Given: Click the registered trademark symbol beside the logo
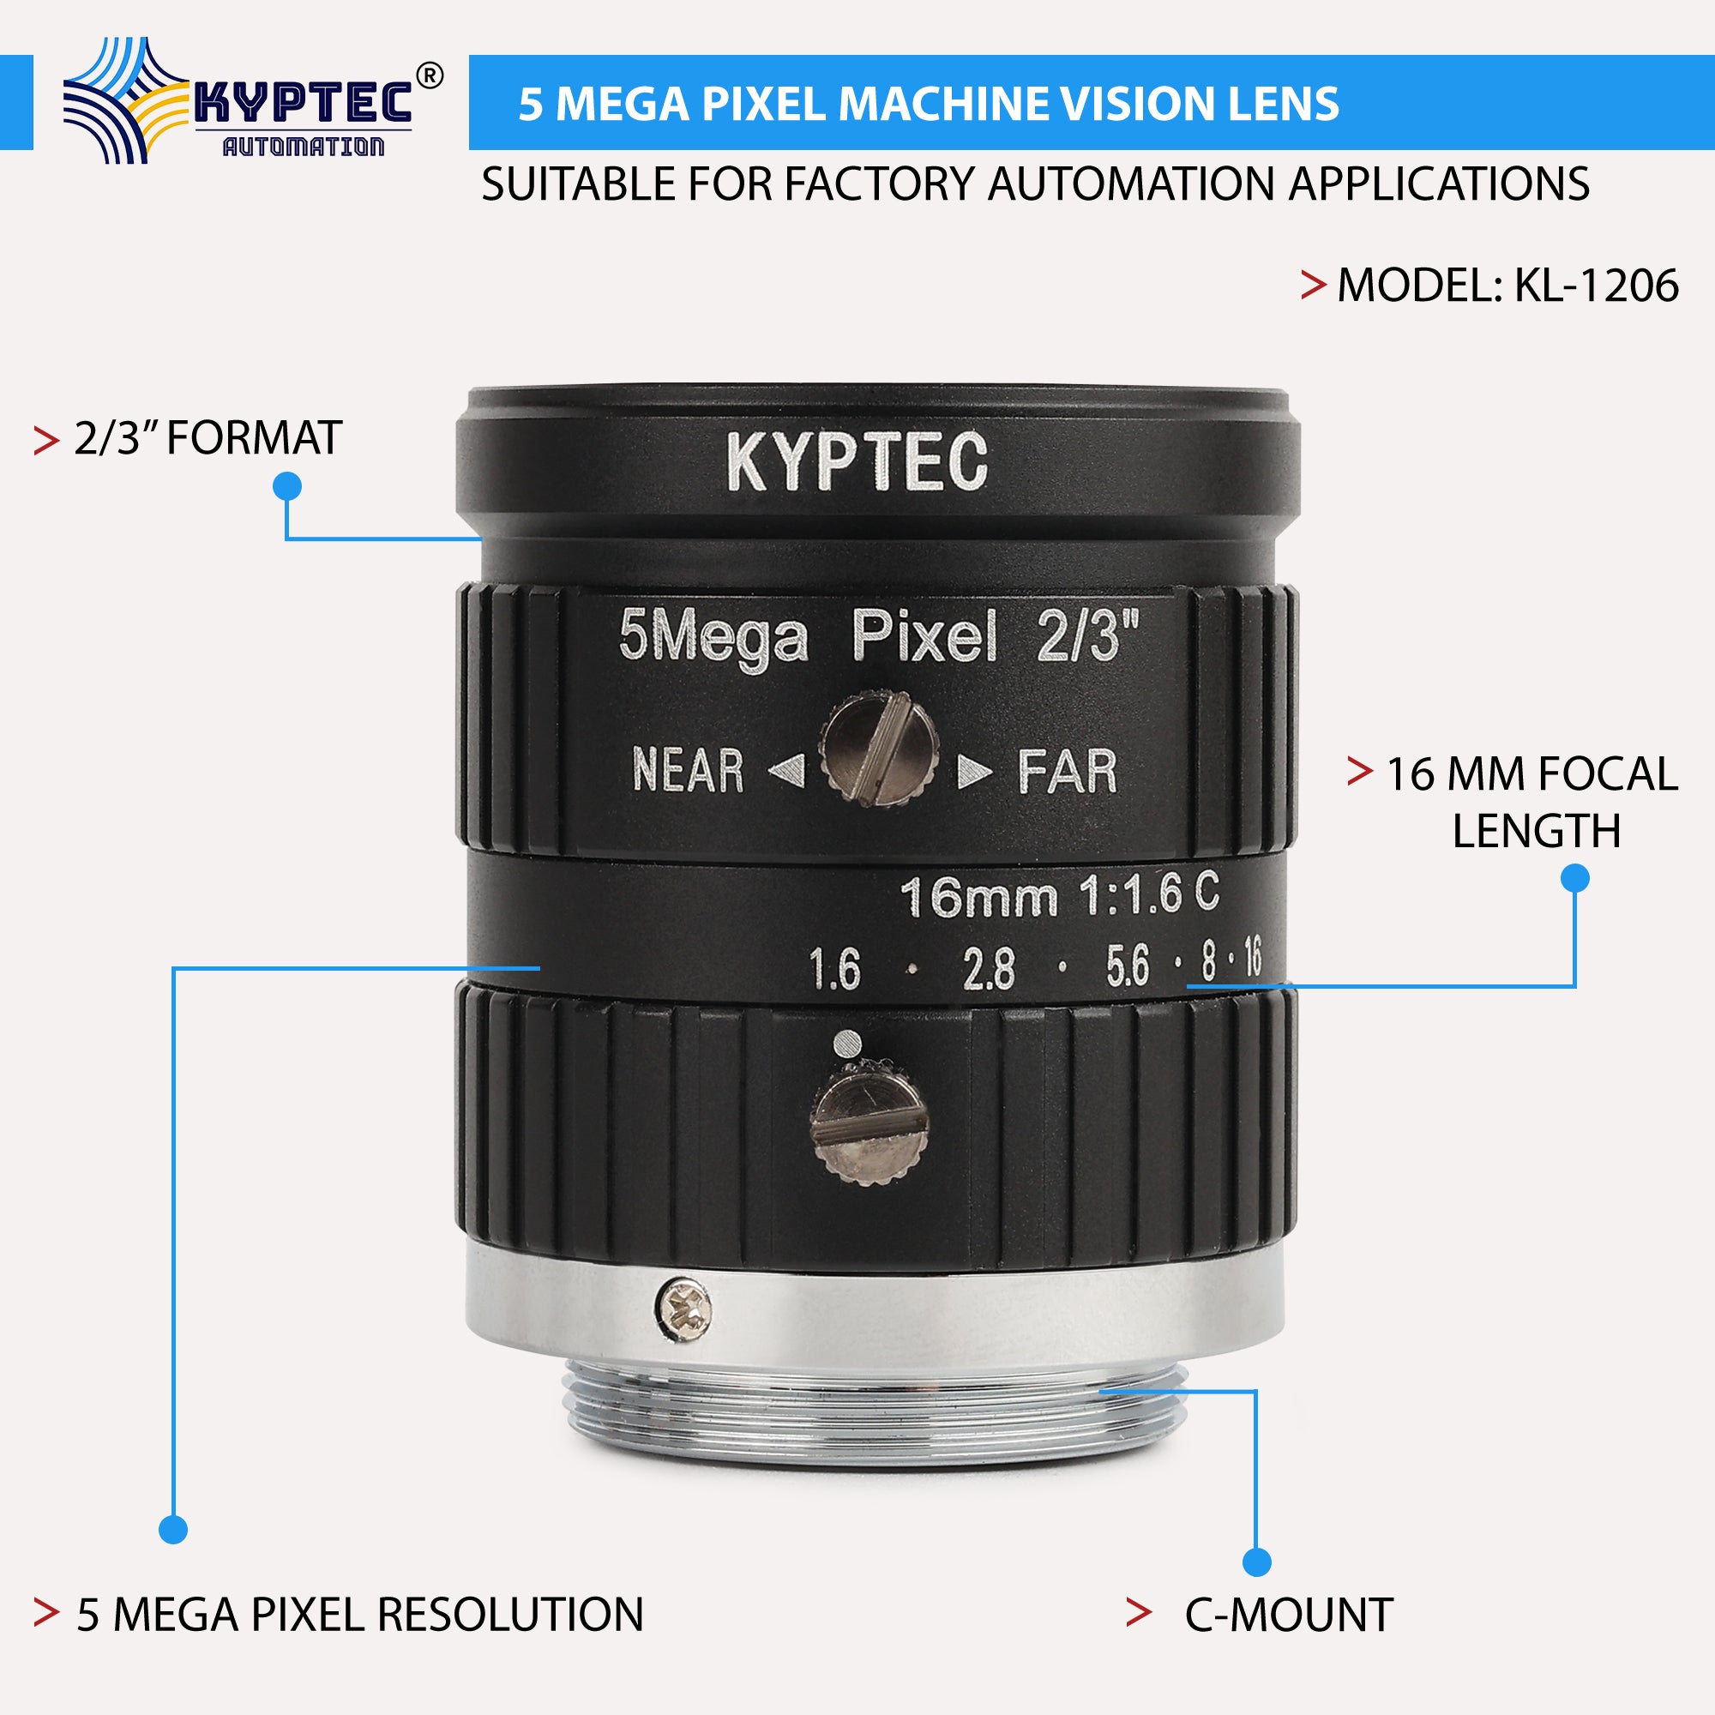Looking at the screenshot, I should [429, 76].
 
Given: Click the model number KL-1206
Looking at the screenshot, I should [1595, 286].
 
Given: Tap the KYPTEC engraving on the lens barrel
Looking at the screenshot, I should [857, 460].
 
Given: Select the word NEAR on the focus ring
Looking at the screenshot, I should [688, 770].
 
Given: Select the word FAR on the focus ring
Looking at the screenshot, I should [1066, 772].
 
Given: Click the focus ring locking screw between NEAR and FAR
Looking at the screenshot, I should [878, 750].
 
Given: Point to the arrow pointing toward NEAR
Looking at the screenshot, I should [786, 770].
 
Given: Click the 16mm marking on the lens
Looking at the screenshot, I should [978, 898].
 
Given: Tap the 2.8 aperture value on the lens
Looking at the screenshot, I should [988, 968].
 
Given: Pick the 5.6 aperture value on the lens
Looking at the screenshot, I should [1128, 966].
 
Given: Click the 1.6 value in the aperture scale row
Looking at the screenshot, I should [834, 968].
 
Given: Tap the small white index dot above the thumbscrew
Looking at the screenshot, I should [848, 1040].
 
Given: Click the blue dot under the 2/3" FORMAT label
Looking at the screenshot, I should [287, 486].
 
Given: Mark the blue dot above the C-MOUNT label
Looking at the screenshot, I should [1257, 1562].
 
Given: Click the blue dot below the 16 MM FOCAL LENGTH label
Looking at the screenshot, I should [1574, 879].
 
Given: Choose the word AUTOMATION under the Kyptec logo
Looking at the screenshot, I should [303, 147].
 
